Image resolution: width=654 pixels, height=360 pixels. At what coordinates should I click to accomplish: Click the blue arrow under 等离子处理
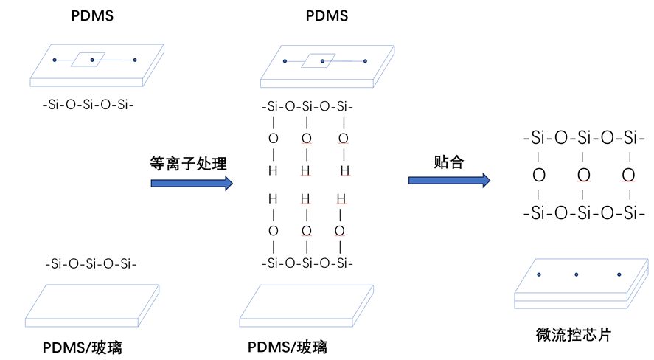[x=191, y=183]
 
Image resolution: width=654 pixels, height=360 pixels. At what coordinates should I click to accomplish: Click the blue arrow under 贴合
[x=449, y=180]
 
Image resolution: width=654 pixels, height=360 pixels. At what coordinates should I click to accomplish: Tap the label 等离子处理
[x=188, y=164]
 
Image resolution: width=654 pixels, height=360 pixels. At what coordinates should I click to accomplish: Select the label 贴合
[x=448, y=162]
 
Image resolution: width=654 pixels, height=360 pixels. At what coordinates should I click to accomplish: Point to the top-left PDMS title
[x=92, y=15]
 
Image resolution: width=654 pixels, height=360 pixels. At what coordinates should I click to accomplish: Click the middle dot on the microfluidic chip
[x=579, y=275]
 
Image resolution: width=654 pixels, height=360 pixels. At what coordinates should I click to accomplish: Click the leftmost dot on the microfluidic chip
[x=539, y=275]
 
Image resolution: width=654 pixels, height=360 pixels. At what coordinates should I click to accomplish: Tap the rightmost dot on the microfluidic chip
[x=619, y=275]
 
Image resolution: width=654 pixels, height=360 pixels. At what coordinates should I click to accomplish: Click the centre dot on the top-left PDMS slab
[x=92, y=60]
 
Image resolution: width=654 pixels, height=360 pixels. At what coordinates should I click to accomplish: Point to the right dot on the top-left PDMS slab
[x=135, y=60]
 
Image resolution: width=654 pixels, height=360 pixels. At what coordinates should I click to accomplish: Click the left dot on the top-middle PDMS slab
[x=285, y=60]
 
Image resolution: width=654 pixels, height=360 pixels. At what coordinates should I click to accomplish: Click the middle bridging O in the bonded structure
[x=583, y=176]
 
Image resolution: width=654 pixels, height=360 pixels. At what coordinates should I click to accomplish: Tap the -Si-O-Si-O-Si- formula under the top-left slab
[x=88, y=105]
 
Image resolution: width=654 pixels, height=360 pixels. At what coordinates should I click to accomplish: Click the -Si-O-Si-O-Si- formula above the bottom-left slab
[x=91, y=263]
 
